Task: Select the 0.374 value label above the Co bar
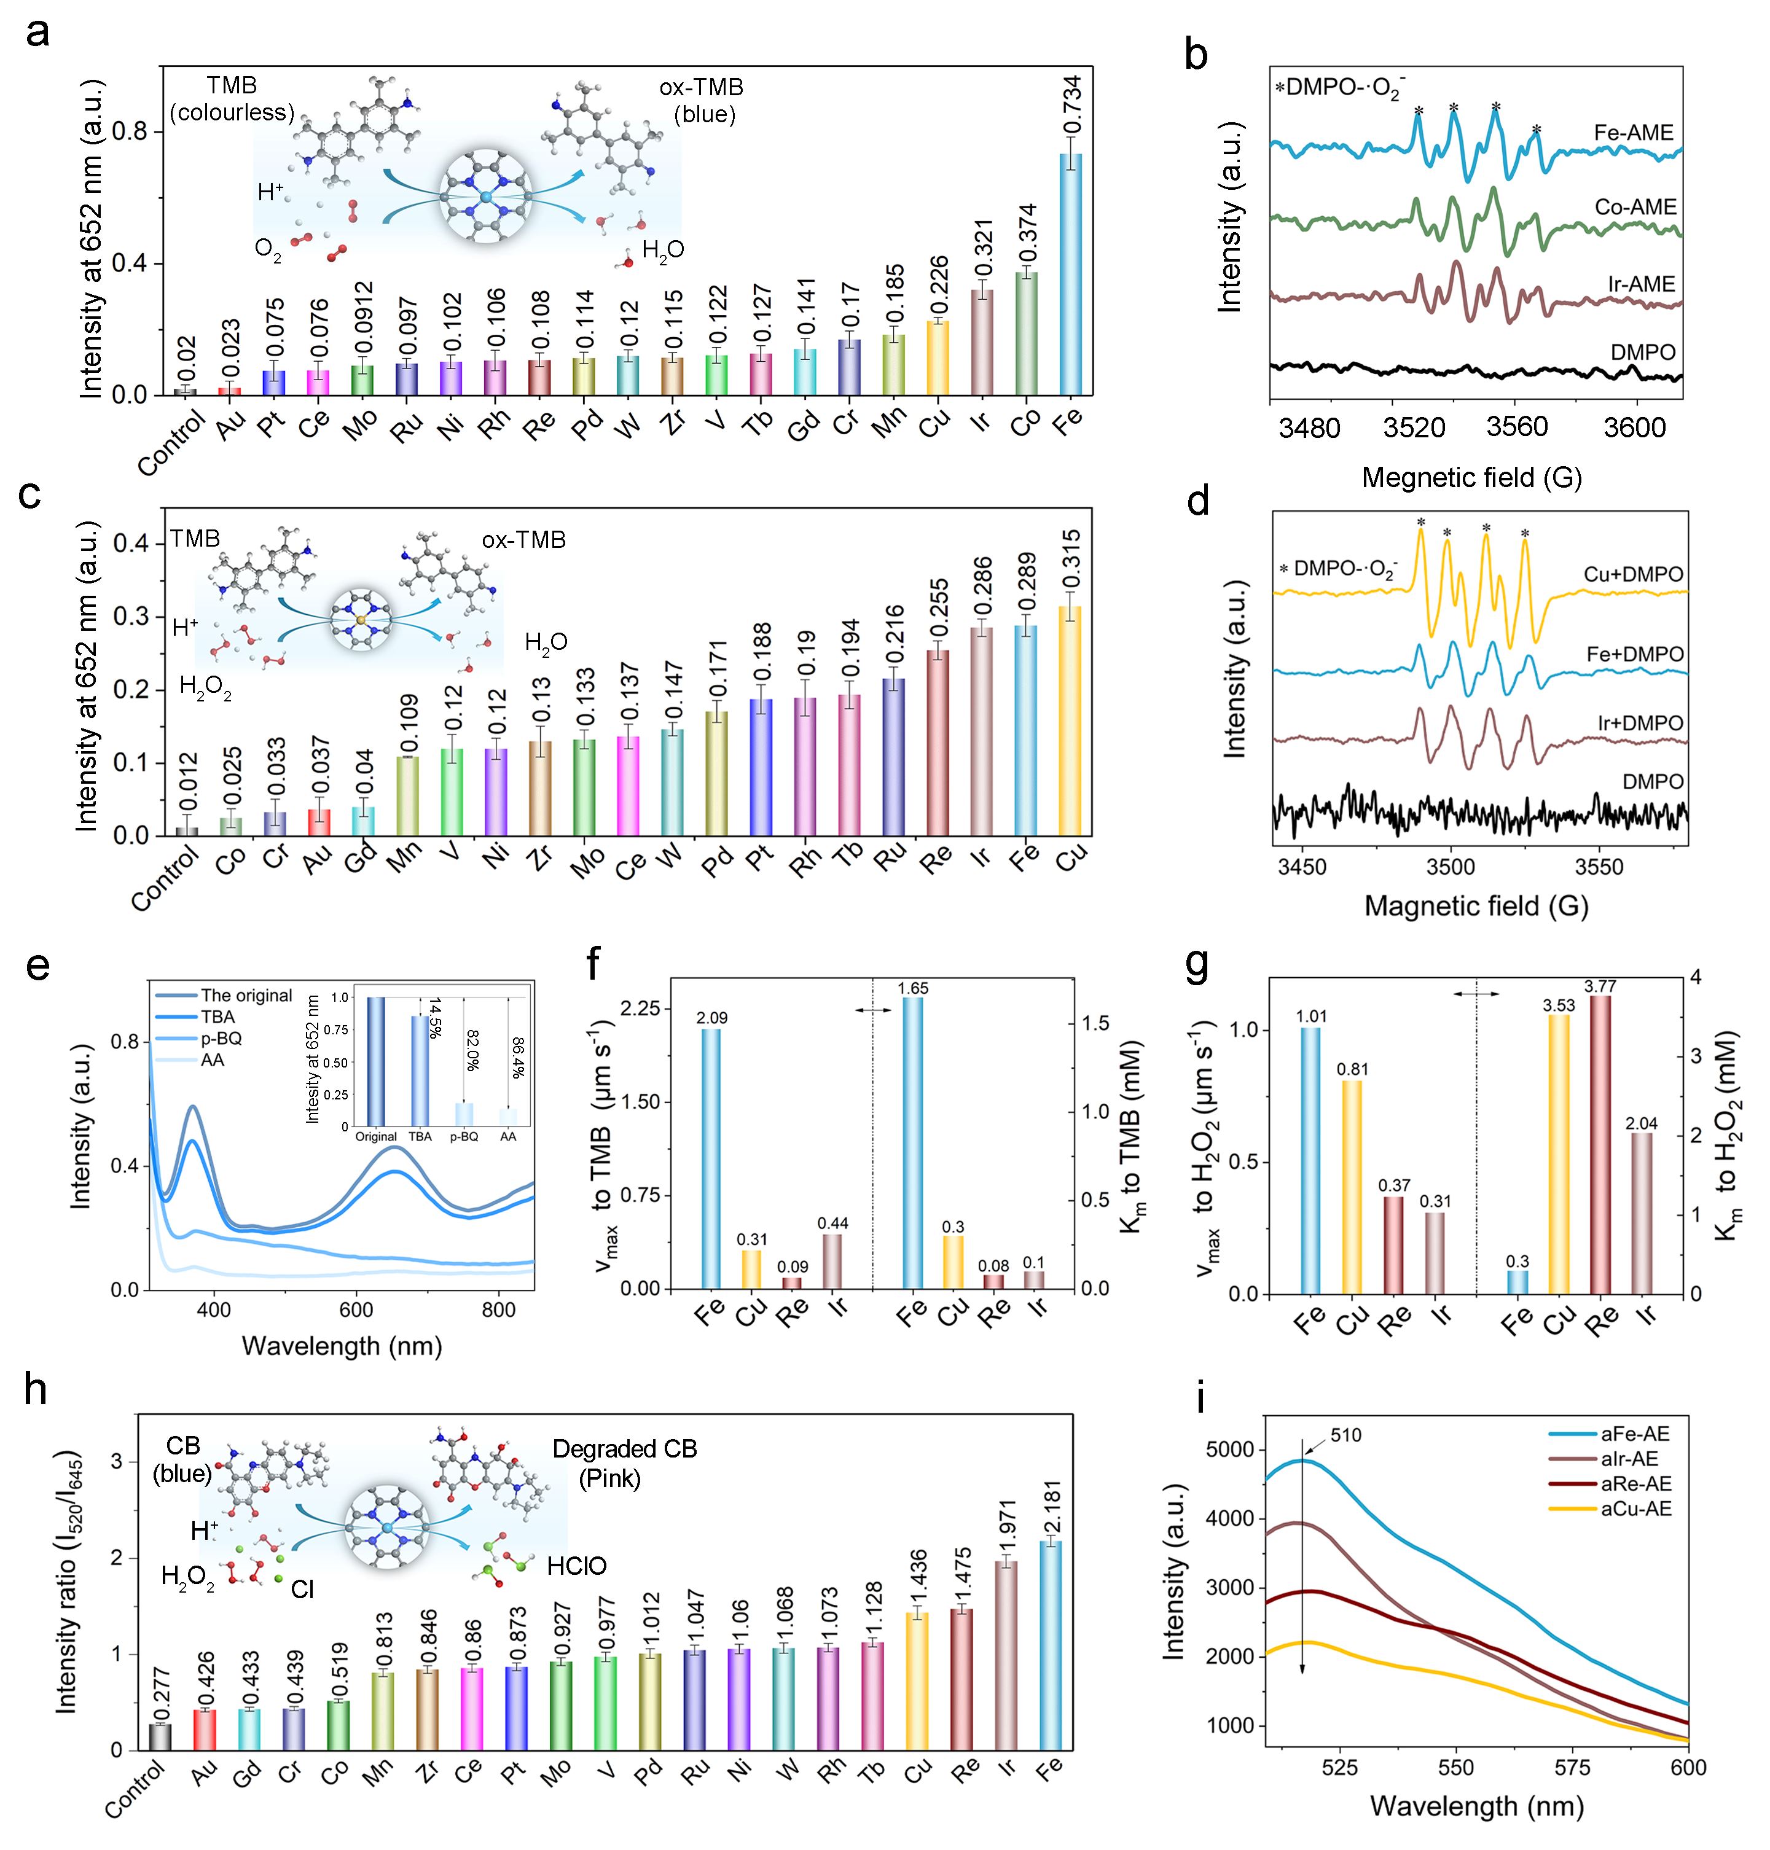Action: pos(1027,234)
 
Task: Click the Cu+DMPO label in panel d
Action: pos(1633,574)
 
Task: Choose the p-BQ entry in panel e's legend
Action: pos(220,1039)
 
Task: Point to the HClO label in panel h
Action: pos(576,1567)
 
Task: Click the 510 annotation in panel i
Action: pos(1346,1436)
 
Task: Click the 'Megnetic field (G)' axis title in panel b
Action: pos(1471,478)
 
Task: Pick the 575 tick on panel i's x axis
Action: pos(1572,1767)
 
